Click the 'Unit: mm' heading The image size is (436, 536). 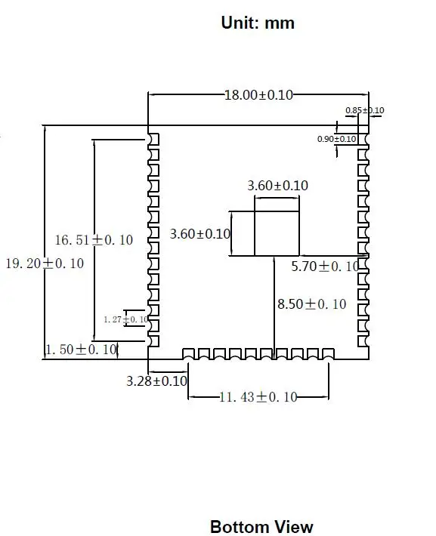[x=258, y=23]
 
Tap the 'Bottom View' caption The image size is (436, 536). [x=261, y=527]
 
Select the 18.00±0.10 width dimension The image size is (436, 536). [x=258, y=95]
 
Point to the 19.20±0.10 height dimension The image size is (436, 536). [x=45, y=263]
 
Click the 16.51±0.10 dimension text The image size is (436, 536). [x=94, y=240]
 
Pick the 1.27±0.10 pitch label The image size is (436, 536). [x=126, y=319]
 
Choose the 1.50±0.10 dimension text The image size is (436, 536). [x=82, y=350]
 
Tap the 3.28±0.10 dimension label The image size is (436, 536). [x=156, y=380]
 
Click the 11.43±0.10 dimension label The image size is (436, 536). [x=258, y=397]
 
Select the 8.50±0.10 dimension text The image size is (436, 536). [x=312, y=304]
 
